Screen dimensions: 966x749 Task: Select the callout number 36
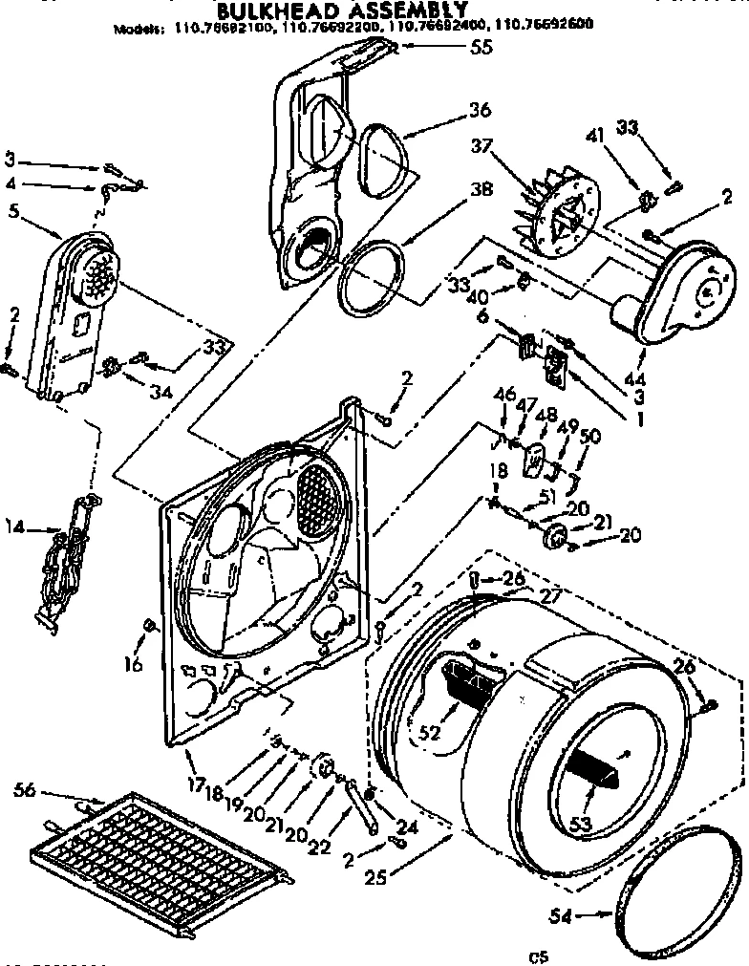pos(480,111)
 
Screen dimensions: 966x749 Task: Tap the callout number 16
pos(135,662)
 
